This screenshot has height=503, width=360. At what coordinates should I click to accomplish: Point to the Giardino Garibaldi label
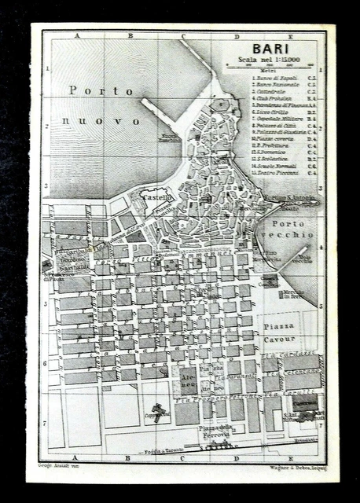(72, 263)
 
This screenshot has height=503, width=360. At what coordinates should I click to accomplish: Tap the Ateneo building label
(186, 376)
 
